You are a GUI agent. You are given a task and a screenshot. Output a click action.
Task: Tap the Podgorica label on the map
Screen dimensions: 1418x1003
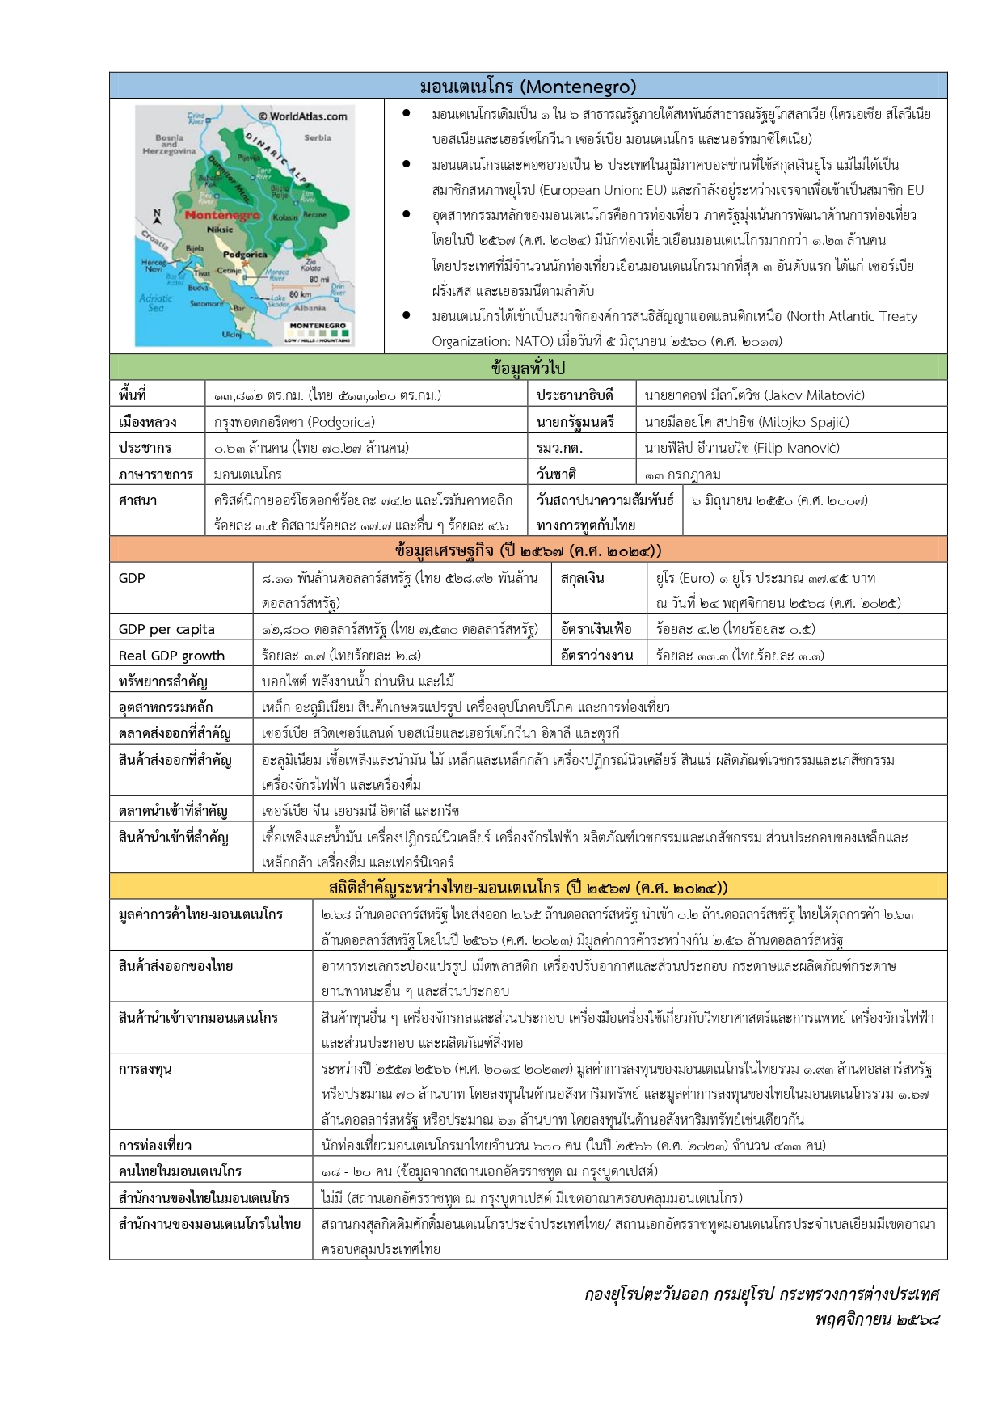245,254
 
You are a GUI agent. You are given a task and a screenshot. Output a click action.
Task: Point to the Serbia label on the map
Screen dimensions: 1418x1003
318,137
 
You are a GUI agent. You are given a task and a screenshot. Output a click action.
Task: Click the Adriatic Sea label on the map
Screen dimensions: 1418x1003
155,302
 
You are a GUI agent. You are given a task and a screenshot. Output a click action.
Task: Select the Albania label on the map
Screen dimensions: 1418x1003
310,308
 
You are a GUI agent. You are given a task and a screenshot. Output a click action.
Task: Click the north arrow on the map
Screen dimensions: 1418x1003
158,216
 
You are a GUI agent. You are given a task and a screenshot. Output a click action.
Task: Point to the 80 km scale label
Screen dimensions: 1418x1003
300,294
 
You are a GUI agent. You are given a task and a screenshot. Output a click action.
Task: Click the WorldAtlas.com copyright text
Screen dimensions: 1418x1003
302,116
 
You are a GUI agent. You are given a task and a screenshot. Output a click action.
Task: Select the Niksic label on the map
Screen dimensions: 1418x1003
219,230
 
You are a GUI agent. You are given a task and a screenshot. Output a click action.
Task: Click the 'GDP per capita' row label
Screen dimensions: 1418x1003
166,629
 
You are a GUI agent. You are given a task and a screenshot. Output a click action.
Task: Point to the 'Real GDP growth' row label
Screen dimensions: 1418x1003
171,656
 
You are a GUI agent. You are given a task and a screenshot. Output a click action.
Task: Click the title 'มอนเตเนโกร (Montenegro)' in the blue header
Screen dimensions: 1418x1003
528,86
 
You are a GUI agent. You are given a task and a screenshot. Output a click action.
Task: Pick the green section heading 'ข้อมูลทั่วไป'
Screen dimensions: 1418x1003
528,368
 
